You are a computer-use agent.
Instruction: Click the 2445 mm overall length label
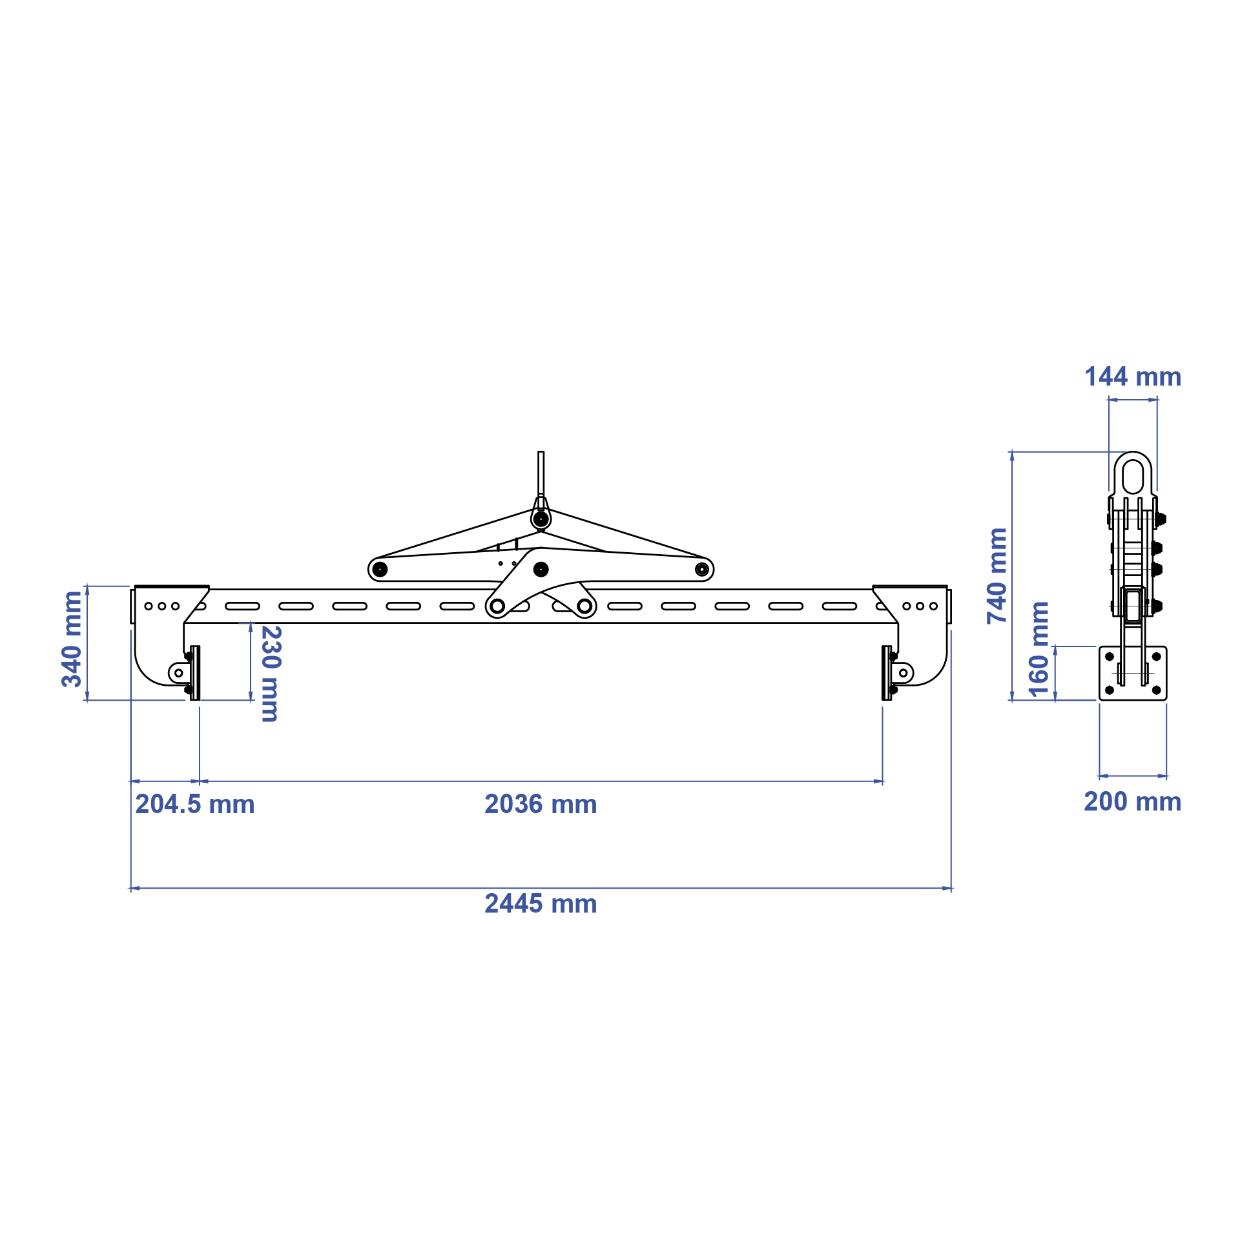[541, 904]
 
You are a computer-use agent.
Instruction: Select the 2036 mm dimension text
[541, 804]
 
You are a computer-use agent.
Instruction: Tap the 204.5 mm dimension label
[195, 804]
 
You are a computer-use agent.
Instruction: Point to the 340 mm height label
[72, 639]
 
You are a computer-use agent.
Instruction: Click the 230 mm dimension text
[271, 674]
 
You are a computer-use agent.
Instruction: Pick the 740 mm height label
[997, 576]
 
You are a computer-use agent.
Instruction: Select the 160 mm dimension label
[1038, 649]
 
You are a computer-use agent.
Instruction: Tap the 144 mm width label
[1133, 377]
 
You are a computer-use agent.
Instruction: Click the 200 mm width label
[1133, 801]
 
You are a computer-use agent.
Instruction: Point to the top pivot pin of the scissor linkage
[541, 519]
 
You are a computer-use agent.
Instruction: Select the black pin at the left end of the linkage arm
[380, 570]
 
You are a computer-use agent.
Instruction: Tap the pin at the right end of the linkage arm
[702, 570]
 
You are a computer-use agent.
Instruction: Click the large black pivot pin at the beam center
[541, 570]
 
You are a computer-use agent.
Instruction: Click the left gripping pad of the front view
[195, 673]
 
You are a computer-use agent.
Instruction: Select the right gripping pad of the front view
[887, 673]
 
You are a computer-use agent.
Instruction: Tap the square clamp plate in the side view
[1133, 673]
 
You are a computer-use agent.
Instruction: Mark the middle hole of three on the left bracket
[161, 606]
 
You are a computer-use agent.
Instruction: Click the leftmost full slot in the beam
[242, 606]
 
